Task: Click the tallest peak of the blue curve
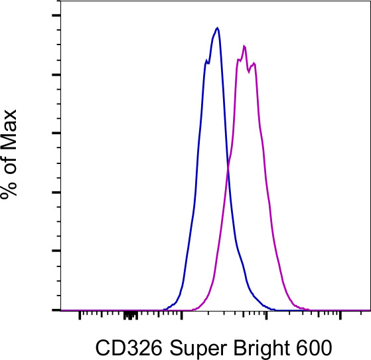pos(217,28)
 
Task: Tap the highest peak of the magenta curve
pos(245,46)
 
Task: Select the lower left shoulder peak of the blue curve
pos(205,60)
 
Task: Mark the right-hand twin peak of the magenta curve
pos(254,63)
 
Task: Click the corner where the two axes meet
pos(60,310)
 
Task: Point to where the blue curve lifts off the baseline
pos(165,309)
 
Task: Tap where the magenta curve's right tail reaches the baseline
pos(307,309)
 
